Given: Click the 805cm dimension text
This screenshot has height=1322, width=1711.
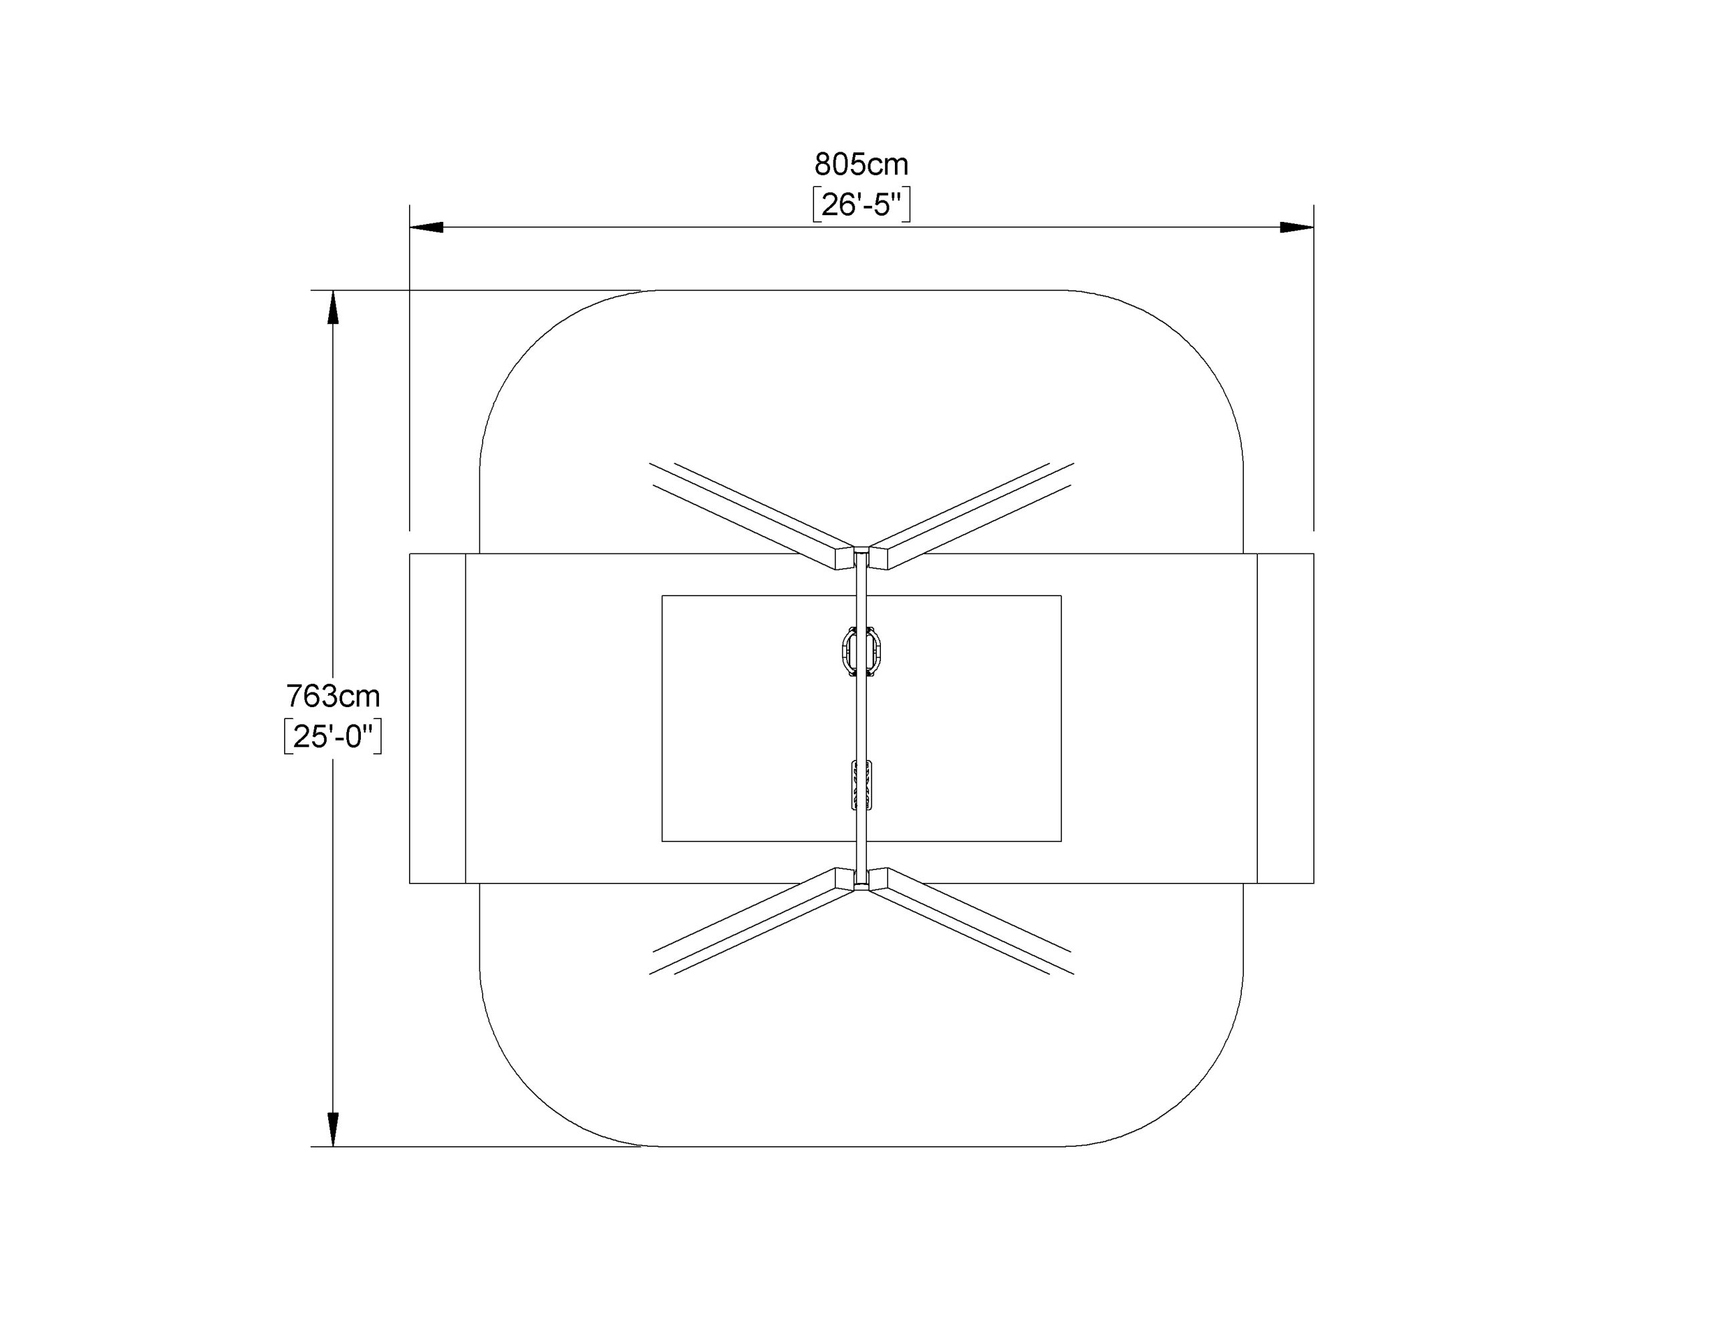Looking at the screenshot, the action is [x=861, y=164].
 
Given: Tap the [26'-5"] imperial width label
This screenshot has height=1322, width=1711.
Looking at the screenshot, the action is [x=861, y=205].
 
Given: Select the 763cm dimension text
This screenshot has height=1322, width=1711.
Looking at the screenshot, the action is [x=333, y=696].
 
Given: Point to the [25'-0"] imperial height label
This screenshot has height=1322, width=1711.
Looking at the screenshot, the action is [x=333, y=737].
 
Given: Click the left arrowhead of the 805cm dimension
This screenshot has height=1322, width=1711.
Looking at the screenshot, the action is [x=427, y=227].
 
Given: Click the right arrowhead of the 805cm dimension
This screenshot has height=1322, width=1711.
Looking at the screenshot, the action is [x=1297, y=227].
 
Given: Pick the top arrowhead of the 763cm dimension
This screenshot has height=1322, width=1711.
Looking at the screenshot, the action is [x=333, y=307].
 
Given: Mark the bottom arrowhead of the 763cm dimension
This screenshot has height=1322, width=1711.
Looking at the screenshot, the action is [x=333, y=1130].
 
